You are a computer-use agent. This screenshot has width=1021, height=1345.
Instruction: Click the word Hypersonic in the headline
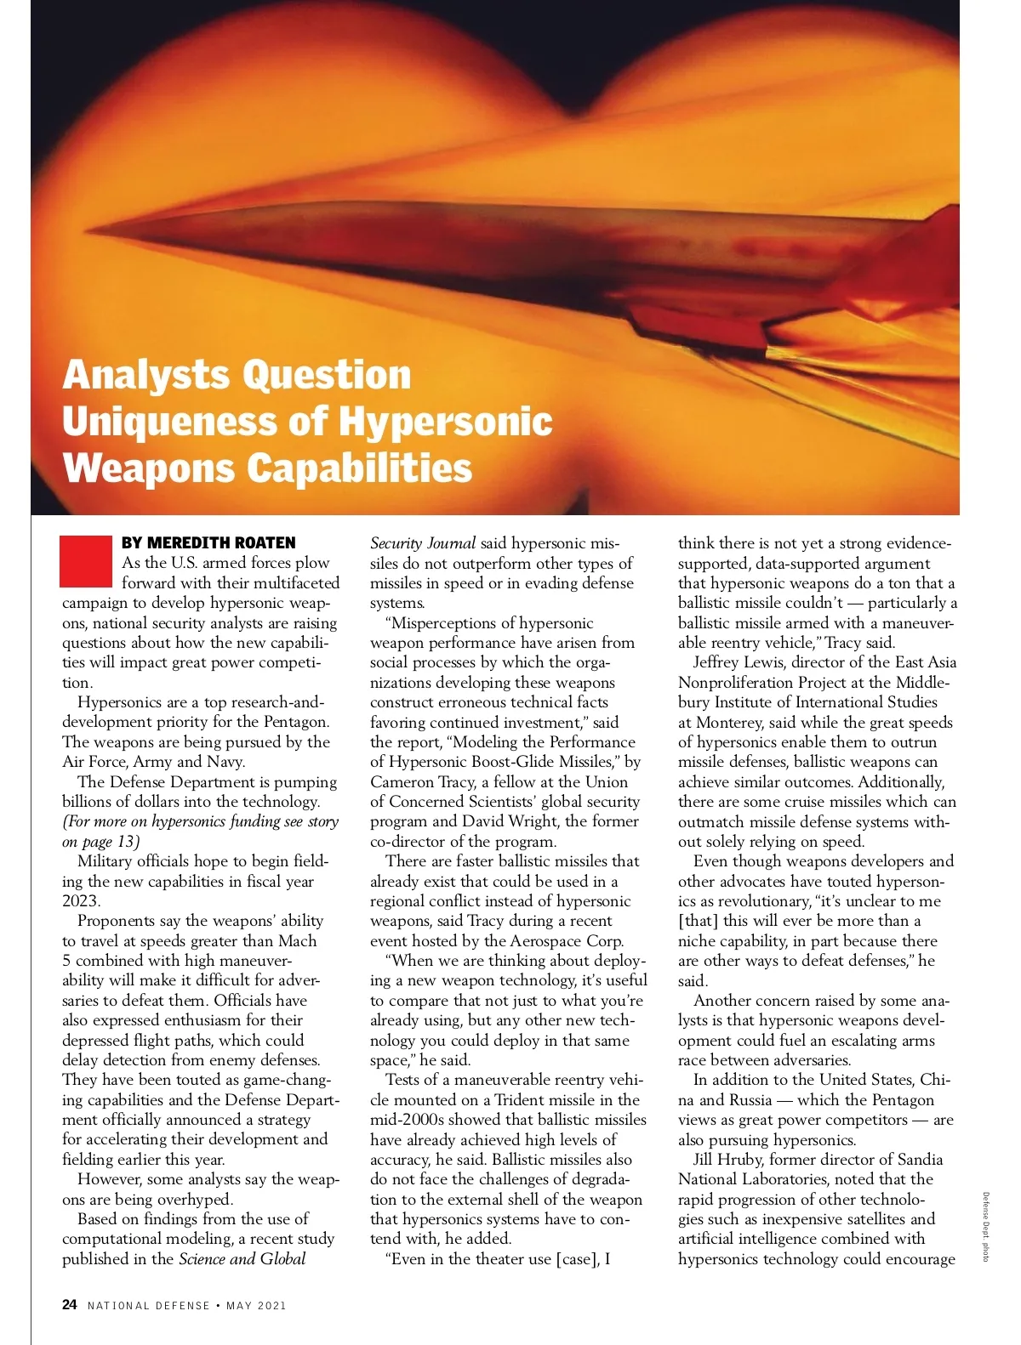point(445,421)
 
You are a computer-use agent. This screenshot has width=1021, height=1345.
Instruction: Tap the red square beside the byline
point(86,561)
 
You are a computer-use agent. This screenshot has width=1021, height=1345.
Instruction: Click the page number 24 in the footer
point(70,1304)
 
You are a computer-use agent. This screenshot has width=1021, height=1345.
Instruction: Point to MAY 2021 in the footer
point(256,1305)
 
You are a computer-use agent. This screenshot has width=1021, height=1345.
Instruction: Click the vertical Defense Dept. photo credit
point(985,1226)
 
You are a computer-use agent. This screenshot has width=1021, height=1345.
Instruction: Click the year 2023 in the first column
point(81,901)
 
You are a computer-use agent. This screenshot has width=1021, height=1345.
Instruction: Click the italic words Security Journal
point(423,543)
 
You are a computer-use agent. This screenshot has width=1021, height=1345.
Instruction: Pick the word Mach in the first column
point(297,941)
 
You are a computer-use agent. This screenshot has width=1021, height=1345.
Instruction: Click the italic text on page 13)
point(101,842)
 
